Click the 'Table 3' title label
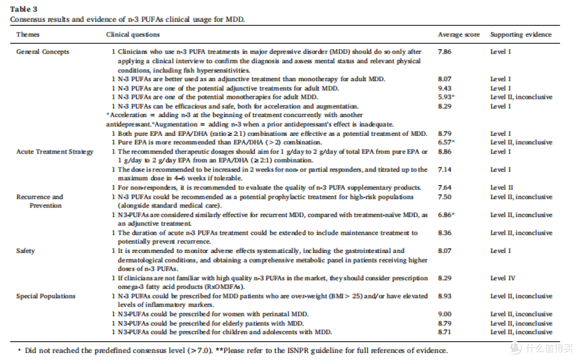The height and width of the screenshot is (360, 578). coord(24,9)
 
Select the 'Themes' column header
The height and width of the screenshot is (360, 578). coord(28,35)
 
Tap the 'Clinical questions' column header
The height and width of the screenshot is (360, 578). coord(133,35)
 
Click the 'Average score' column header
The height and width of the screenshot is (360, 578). coord(459,35)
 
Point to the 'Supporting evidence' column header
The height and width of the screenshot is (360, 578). coord(521,35)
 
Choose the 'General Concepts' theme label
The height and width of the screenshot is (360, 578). coord(43,52)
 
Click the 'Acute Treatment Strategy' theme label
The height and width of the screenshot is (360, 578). coord(55,152)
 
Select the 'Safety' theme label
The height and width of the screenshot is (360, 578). coord(26,251)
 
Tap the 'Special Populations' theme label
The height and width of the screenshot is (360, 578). coord(45,296)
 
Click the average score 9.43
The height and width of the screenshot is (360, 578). coord(445,88)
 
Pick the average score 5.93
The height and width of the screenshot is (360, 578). coord(445,97)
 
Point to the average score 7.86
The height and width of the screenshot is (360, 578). coord(445,52)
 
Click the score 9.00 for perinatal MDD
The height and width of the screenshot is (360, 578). coord(445,315)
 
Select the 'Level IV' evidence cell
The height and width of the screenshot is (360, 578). coord(503,278)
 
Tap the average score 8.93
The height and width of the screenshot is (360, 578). coord(445,296)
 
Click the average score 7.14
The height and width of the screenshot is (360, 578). coord(445,170)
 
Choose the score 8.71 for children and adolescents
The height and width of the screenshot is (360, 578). coord(445,332)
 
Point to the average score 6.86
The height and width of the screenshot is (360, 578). coord(445,215)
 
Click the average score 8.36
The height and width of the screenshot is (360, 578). coord(445,233)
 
